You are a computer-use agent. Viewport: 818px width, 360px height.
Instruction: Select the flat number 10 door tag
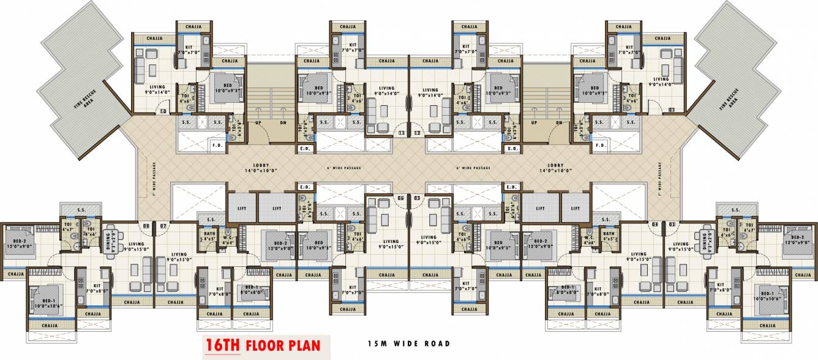pyautogui.click(x=163, y=111)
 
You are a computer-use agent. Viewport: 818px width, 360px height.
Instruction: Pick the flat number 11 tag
pyautogui.click(x=402, y=132)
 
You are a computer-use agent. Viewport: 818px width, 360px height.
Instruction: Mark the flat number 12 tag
pyautogui.click(x=417, y=132)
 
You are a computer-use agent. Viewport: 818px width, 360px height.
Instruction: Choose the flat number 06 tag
pyautogui.click(x=402, y=198)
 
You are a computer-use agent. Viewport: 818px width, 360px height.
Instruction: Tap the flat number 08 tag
pyautogui.click(x=146, y=226)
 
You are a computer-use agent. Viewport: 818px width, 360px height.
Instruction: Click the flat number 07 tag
pyautogui.click(x=163, y=226)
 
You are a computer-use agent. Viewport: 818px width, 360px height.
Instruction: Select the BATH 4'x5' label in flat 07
pyautogui.click(x=209, y=234)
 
